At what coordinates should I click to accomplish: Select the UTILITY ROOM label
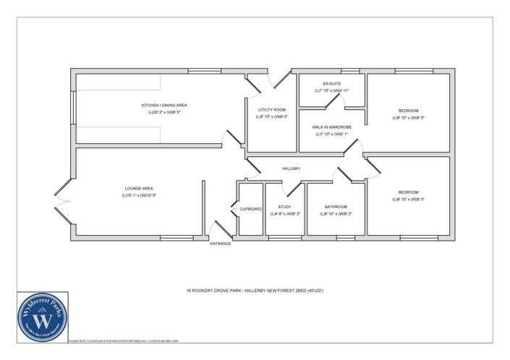click(271, 108)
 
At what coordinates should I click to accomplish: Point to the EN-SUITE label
click(331, 84)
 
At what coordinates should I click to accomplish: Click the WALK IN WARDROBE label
click(331, 127)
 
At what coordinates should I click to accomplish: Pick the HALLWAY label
click(291, 169)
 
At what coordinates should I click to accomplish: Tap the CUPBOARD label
click(250, 209)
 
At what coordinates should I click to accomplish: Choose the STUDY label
click(284, 207)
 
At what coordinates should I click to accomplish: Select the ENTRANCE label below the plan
click(220, 244)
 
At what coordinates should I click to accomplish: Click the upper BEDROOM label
click(408, 111)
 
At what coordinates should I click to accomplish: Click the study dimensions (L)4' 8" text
click(284, 214)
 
